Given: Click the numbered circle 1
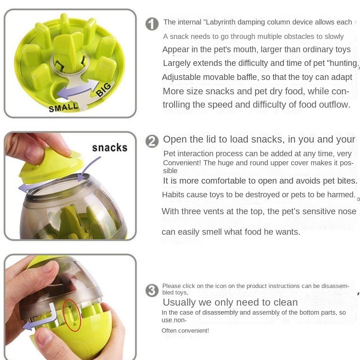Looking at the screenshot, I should (152, 24).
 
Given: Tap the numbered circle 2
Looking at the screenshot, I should (152, 141).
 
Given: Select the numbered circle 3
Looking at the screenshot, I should (152, 291).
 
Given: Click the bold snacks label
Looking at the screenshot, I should (109, 148).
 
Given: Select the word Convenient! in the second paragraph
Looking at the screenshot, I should (182, 163).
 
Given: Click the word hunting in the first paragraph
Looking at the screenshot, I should (341, 63).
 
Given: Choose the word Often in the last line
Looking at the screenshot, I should (170, 330).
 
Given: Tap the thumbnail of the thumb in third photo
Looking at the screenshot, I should (46, 337).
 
